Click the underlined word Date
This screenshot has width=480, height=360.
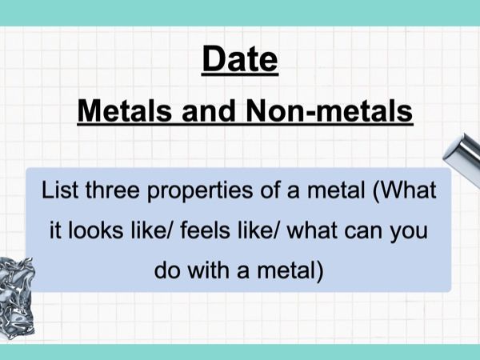coord(240,60)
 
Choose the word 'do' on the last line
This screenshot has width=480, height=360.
coord(167,271)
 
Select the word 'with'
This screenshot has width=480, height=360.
coord(209,271)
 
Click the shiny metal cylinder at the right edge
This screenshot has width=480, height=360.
coord(463,156)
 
